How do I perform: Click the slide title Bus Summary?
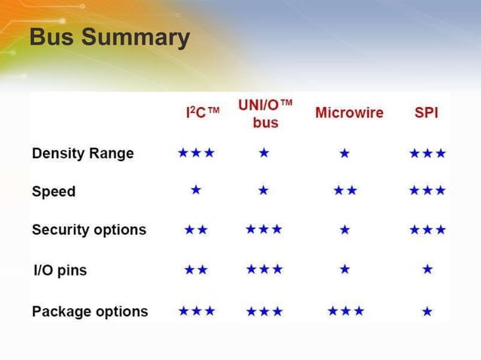point(109,37)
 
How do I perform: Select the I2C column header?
point(202,113)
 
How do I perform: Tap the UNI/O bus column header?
point(265,113)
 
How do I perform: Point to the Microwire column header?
point(349,113)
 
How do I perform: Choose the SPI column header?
point(427,113)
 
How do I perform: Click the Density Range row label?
point(83,154)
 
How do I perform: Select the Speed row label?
point(54,191)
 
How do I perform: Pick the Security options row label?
point(89,230)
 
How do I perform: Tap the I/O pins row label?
point(61,270)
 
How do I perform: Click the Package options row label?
point(90,311)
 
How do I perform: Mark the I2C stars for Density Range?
point(196,153)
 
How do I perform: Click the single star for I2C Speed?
point(196,191)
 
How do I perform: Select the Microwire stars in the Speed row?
point(345,191)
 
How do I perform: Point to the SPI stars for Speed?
point(427,191)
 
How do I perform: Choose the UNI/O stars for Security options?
point(264,229)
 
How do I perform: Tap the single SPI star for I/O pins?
point(427,269)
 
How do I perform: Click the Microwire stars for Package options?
point(346,310)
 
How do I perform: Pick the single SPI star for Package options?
point(427,311)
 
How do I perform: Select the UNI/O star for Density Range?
point(264,153)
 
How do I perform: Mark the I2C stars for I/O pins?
point(196,269)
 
